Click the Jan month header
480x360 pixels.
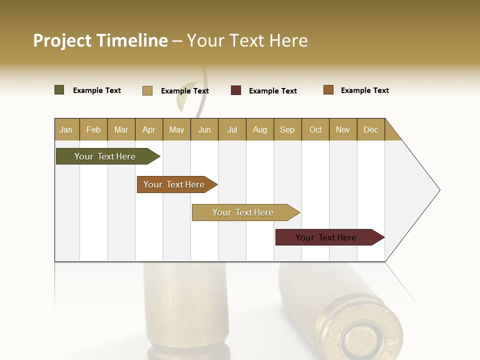pos(66,129)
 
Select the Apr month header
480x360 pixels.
pos(149,129)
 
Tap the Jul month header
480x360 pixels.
pos(232,129)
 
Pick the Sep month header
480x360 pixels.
pos(287,129)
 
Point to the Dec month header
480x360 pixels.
pos(371,129)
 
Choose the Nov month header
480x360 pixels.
pos(343,129)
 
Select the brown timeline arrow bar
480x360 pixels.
pos(175,184)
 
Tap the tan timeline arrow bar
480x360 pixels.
pos(244,212)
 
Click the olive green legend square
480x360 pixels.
pos(59,90)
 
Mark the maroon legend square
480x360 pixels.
pos(236,90)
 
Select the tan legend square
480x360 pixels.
pos(147,90)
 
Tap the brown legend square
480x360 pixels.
pos(328,90)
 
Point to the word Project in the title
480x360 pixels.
pos(62,40)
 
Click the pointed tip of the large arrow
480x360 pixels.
pos(438,190)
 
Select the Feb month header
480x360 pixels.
pos(93,129)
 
